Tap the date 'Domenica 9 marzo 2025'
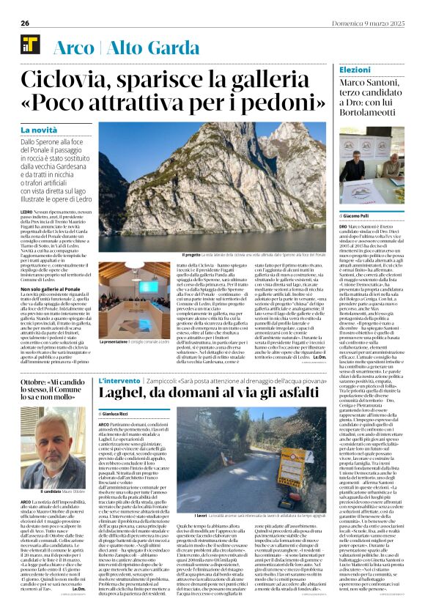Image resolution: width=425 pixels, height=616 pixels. (378, 23)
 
